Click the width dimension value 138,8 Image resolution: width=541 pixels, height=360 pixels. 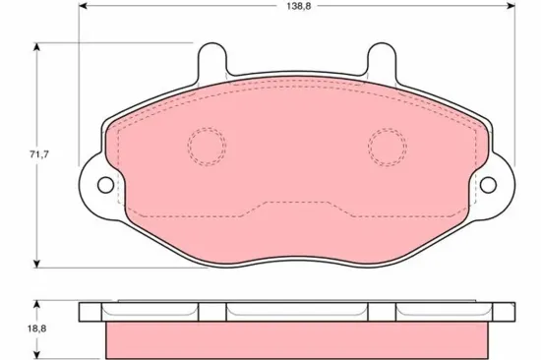click(287, 7)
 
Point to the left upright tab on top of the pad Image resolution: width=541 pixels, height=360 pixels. click(210, 61)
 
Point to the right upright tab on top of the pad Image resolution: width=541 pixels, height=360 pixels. click(383, 61)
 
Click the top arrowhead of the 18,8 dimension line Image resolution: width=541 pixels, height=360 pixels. click(37, 304)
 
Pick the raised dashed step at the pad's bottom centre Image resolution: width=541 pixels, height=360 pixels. click(295, 205)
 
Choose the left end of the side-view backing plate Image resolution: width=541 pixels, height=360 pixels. click(92, 311)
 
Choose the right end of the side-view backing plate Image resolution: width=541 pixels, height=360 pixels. click(500, 311)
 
